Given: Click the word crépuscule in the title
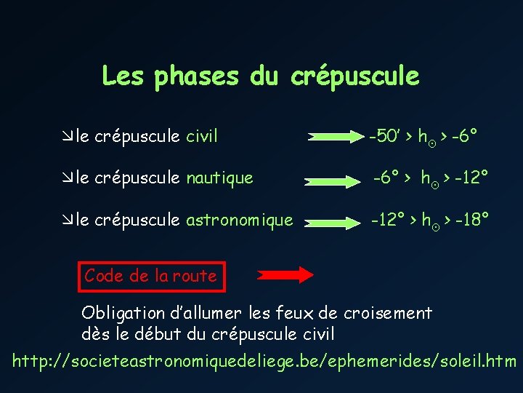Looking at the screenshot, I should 354,76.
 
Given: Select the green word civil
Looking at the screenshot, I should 202,136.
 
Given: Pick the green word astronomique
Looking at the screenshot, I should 240,219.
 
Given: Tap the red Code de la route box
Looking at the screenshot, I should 150,276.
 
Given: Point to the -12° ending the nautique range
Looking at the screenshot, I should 471,177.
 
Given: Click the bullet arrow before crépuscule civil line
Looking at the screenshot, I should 68,136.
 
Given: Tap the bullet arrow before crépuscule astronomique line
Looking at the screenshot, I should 68,220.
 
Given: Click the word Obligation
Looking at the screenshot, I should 123,314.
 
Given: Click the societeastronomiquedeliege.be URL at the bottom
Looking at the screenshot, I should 265,360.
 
